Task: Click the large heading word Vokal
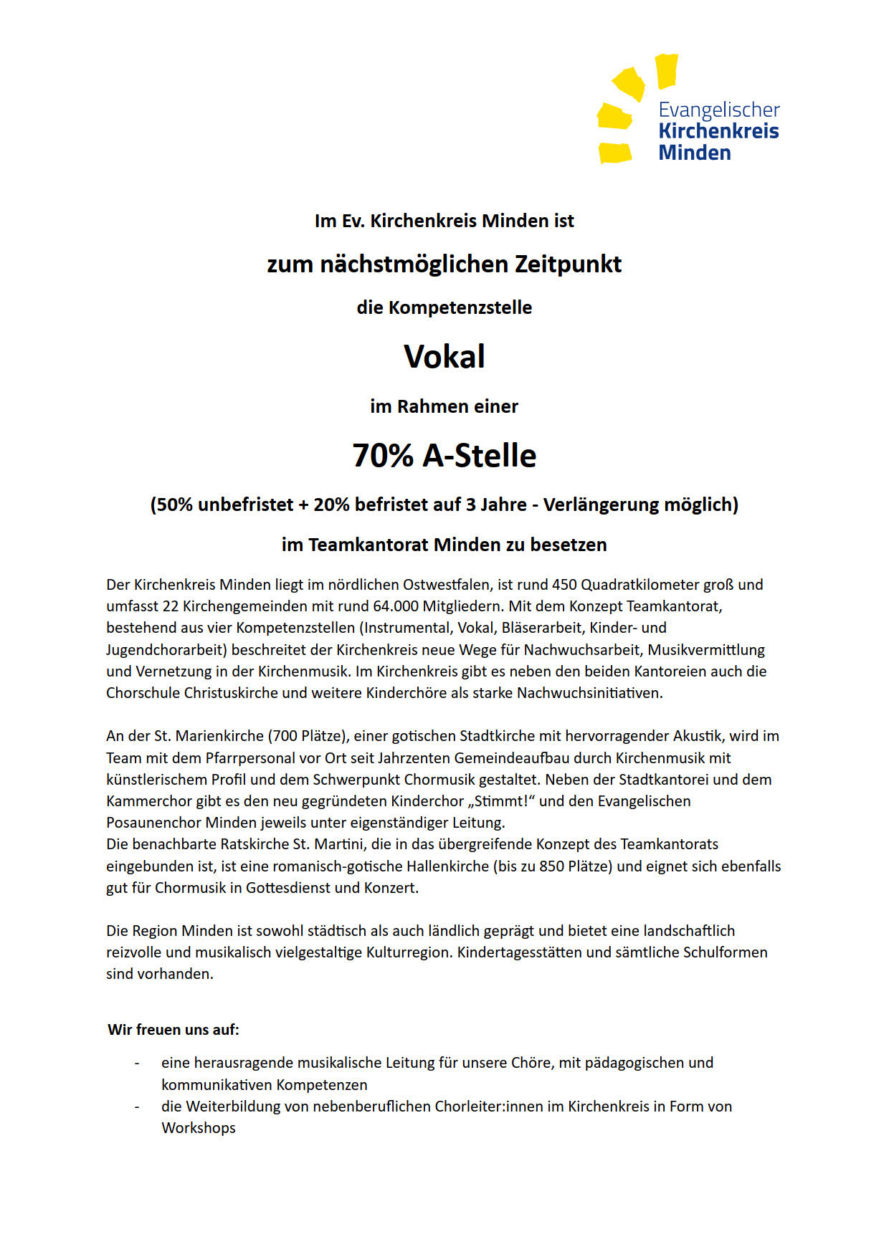[444, 357]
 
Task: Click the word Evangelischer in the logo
[718, 110]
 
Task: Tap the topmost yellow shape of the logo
[666, 70]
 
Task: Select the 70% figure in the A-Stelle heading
[383, 456]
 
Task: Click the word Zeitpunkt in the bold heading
[568, 264]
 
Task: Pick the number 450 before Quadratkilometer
[564, 585]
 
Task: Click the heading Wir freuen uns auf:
[173, 1030]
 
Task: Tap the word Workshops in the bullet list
[199, 1128]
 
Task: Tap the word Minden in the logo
[695, 153]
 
